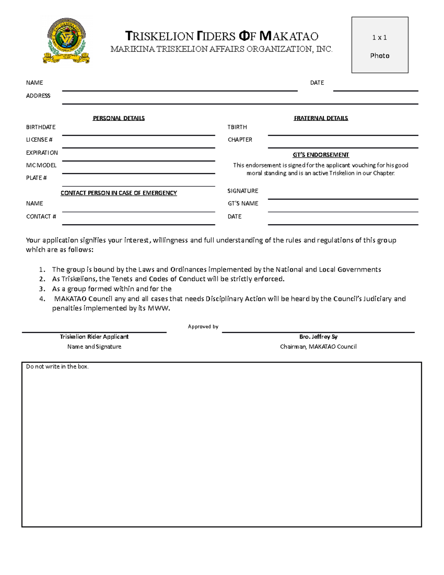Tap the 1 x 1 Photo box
tap(380, 45)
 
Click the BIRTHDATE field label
tap(41, 127)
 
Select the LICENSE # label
tap(39, 140)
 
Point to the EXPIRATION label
tap(42, 153)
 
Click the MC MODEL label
tap(41, 165)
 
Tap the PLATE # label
tap(36, 178)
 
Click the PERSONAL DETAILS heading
tap(118, 118)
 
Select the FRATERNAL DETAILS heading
tap(320, 118)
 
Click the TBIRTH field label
tap(237, 127)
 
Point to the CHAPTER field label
tap(240, 140)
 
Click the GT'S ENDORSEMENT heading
tap(320, 155)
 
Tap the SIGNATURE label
tap(243, 191)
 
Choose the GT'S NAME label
tap(243, 203)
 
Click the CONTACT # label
tap(41, 216)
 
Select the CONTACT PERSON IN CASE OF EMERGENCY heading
tap(118, 193)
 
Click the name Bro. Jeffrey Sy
tap(318, 337)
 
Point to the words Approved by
tap(203, 327)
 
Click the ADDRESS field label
tap(38, 96)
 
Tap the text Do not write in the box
tap(57, 367)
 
